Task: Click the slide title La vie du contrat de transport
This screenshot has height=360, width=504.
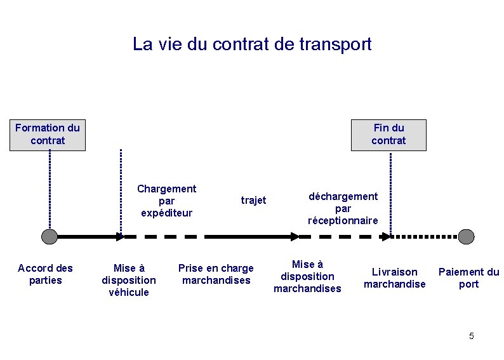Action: coord(252,44)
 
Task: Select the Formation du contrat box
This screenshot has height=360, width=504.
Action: coord(48,135)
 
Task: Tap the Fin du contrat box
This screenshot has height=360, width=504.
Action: coord(388,135)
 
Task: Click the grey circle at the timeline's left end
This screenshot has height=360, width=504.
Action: coord(49,237)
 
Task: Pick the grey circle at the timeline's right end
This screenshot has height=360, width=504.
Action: coord(467,237)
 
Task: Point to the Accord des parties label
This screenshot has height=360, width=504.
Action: coord(45,274)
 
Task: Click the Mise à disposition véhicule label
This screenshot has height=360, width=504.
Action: coord(129,280)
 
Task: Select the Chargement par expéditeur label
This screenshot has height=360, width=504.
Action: coord(166,201)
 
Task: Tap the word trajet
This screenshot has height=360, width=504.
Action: coord(253,201)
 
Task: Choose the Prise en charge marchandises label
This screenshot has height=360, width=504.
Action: coord(216,274)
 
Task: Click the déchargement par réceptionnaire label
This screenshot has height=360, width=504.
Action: coord(343,208)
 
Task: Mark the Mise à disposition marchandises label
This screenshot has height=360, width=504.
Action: coord(307,276)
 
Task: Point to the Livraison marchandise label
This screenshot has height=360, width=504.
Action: coord(394,278)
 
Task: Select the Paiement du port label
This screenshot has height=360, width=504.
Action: coord(468,278)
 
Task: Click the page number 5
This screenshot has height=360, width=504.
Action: coord(471,336)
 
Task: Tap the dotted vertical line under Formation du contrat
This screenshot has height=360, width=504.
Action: coord(49,190)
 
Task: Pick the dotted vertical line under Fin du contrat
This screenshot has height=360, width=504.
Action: coord(390,190)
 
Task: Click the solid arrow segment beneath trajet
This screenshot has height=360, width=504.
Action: coord(251,237)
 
